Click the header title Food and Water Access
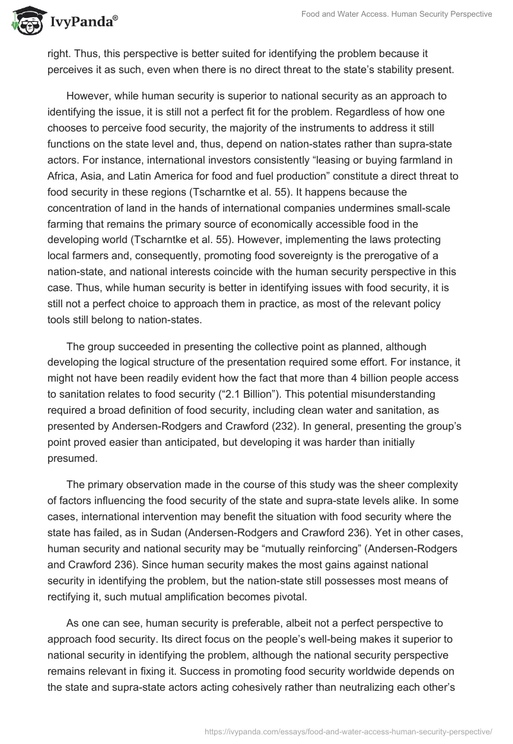pos(397,13)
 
